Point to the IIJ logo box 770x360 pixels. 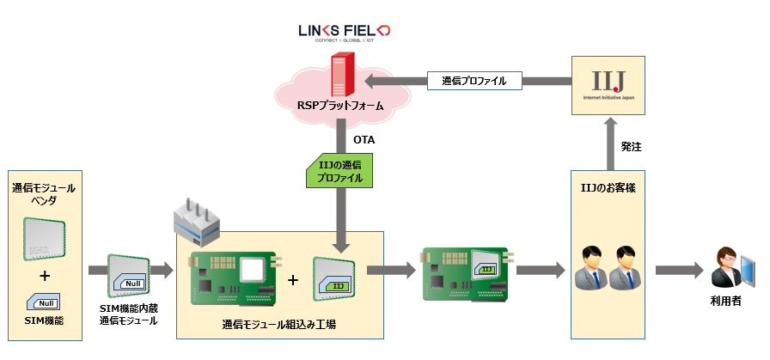[608, 83]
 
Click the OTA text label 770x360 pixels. [364, 138]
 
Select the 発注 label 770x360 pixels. [632, 147]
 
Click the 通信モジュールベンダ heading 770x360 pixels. [45, 193]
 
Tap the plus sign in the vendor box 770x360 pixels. [44, 276]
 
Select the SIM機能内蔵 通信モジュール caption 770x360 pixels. [129, 314]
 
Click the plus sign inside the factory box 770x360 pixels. [292, 279]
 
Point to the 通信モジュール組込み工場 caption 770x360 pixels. [278, 325]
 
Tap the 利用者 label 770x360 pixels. [726, 302]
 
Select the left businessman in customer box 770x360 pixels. [590, 266]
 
